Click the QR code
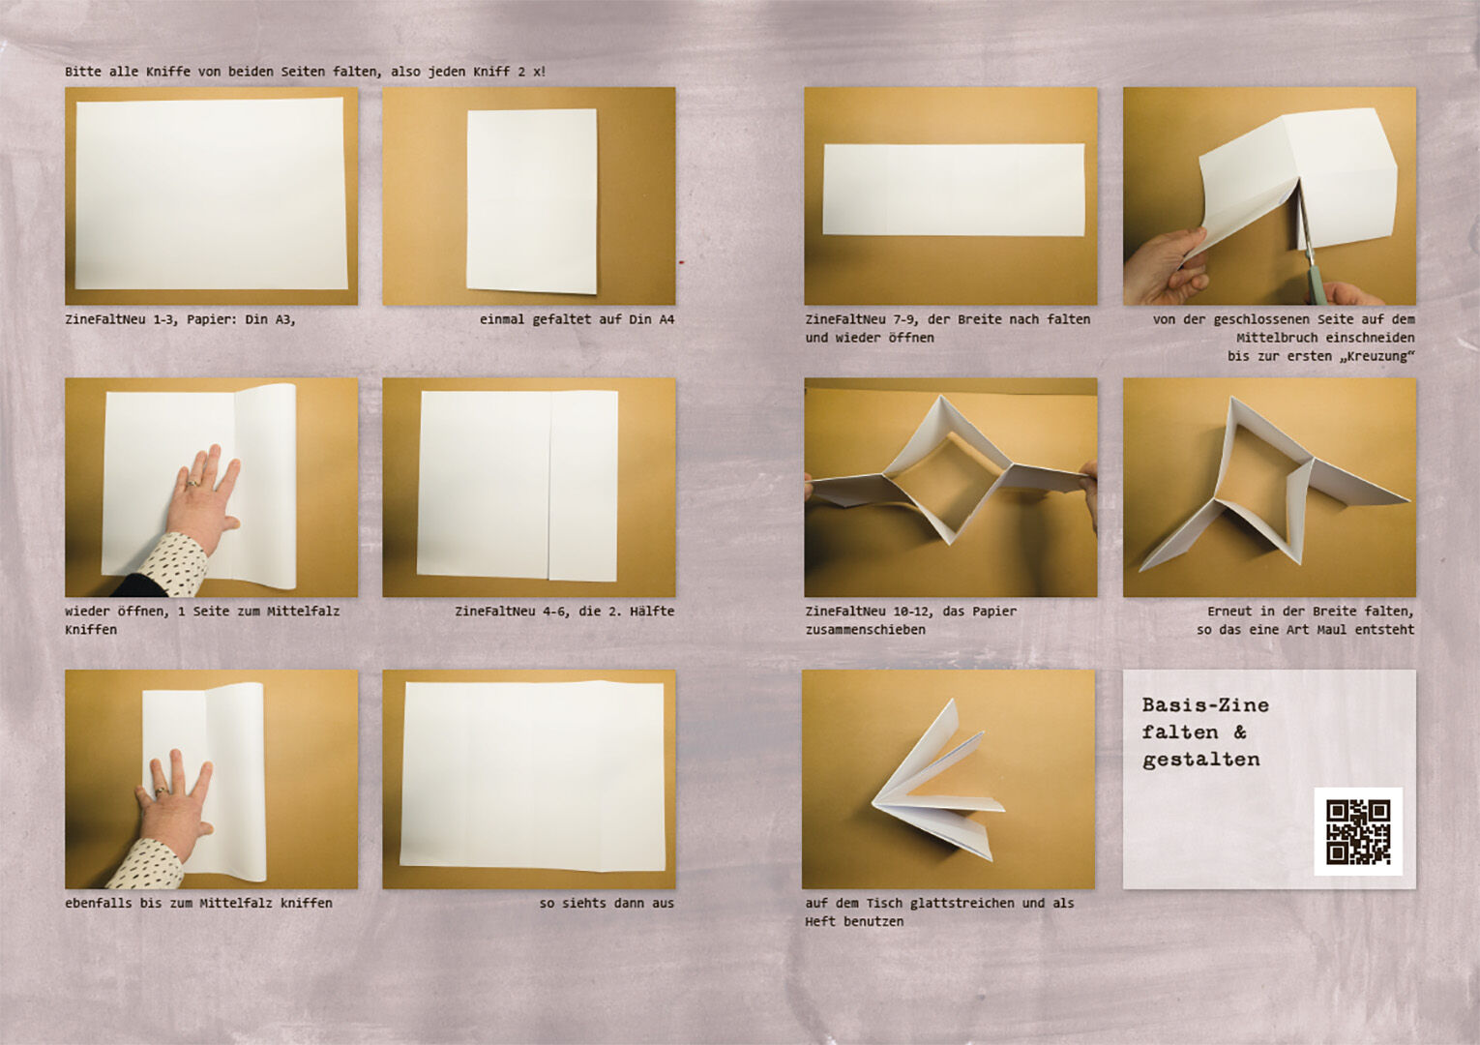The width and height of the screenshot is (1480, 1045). point(1358,831)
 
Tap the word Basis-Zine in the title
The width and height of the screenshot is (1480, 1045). point(1205,704)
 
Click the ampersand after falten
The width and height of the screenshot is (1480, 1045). point(1239,731)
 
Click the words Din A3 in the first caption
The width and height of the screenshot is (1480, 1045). point(271,320)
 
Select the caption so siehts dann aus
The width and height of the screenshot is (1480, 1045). point(607,903)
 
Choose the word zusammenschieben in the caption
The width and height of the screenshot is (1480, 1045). point(865,630)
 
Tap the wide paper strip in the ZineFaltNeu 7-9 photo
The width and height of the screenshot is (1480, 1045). point(954,190)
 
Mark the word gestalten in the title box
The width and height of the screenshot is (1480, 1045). point(1201,761)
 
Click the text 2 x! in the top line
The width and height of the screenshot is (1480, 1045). point(532,72)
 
